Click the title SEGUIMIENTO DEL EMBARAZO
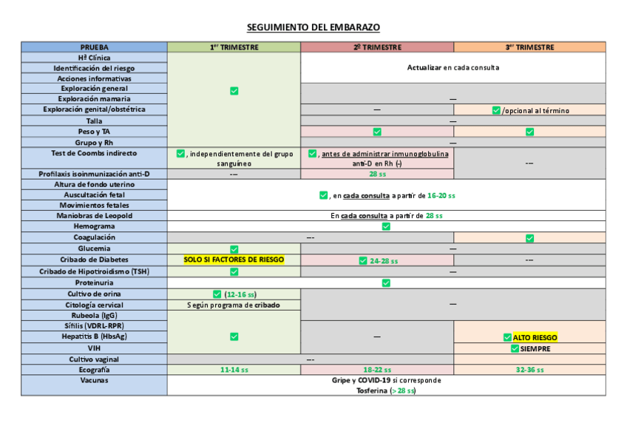(313, 27)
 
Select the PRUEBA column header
(94, 47)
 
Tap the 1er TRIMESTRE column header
(234, 47)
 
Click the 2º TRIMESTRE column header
(377, 47)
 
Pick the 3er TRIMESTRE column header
(529, 47)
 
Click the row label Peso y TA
(94, 132)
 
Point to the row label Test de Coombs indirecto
(94, 153)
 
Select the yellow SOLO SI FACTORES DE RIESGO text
(234, 260)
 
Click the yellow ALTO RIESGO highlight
(535, 337)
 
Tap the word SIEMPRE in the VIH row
(535, 348)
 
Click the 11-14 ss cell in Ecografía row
(234, 370)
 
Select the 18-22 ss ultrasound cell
(377, 370)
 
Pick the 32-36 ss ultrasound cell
(529, 370)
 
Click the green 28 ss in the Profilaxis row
(377, 175)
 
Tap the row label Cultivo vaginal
(94, 359)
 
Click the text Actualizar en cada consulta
(453, 67)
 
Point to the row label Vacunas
(94, 380)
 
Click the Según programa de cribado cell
(234, 305)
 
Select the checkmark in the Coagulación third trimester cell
(529, 238)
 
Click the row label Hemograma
(94, 226)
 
